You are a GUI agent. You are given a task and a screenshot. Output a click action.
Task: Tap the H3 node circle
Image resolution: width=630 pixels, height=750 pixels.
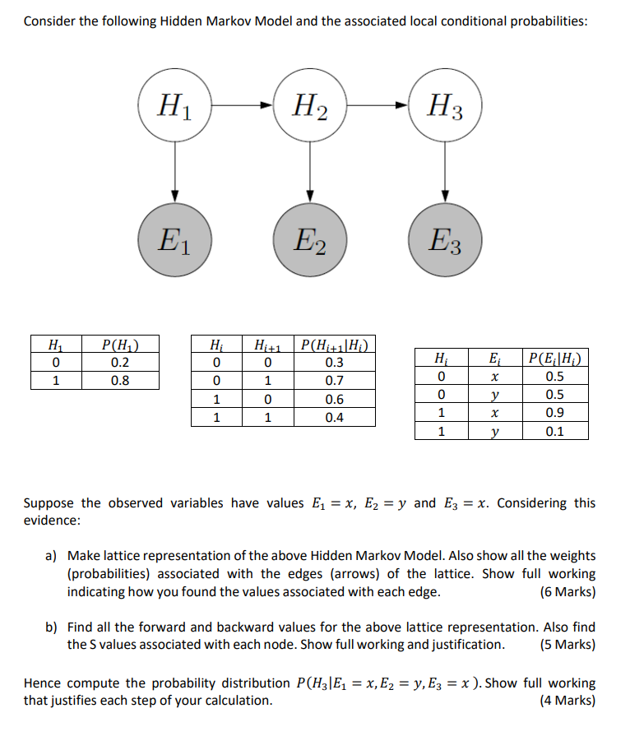(445, 106)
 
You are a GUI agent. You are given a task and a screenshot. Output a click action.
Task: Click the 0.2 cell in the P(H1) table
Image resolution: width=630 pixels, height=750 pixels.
(120, 363)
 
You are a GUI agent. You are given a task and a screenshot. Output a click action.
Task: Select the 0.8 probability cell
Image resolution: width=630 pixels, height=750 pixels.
(120, 381)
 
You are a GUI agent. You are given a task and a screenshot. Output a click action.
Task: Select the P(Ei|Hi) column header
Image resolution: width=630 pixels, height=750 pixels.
(555, 359)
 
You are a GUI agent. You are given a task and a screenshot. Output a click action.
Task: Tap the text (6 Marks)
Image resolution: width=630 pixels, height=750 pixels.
(567, 591)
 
